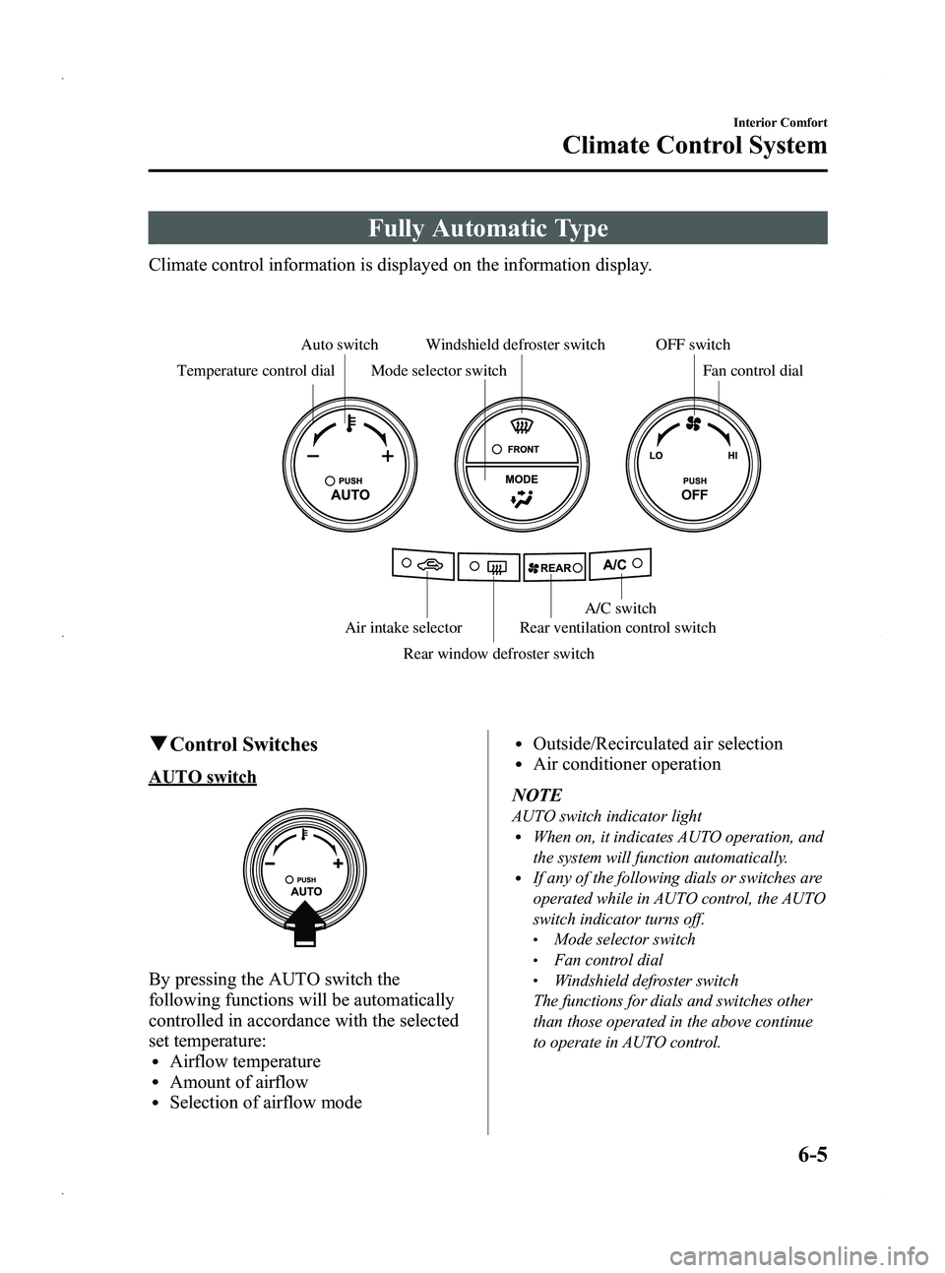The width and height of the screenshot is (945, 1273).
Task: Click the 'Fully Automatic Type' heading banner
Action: pos(488,228)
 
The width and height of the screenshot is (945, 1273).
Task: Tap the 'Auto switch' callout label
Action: pos(339,345)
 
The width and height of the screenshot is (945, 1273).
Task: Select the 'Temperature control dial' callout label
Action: pos(255,371)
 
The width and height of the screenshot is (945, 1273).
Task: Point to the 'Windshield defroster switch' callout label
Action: pos(515,345)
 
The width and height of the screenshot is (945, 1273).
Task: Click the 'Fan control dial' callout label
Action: pos(753,371)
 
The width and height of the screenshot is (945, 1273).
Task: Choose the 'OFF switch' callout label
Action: pos(692,345)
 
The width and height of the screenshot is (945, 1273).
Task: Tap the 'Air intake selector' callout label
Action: pos(404,627)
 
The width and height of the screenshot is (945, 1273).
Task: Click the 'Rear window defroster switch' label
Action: pos(499,654)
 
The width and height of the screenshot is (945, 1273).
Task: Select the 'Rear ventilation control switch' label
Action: pos(617,627)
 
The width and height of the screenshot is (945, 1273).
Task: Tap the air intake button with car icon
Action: pos(423,565)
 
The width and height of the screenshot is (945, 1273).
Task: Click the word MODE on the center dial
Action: pos(521,479)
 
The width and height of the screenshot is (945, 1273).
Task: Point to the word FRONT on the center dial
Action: pos(524,449)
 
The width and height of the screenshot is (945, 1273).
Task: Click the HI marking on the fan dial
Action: pos(733,458)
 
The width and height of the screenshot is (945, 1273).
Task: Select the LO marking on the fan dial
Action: pos(654,458)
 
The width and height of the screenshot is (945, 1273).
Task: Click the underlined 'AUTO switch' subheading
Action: pos(202,778)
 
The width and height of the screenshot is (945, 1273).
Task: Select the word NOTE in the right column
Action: pos(536,795)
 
